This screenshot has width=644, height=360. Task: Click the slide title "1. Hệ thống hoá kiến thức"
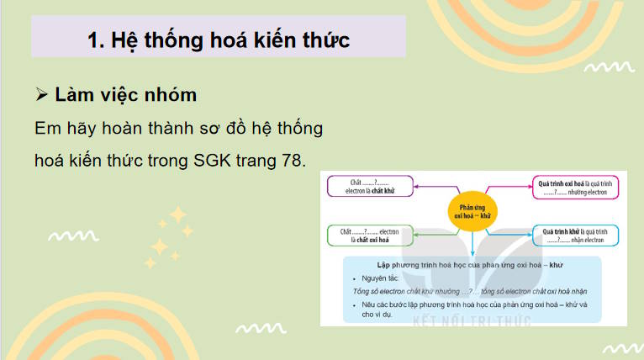(x=219, y=40)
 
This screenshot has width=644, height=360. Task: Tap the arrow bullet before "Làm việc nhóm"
(x=43, y=95)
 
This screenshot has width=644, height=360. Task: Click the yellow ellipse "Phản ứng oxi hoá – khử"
(x=473, y=209)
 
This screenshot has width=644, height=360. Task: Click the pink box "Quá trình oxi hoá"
(x=575, y=186)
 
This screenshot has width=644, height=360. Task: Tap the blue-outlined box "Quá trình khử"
(x=575, y=236)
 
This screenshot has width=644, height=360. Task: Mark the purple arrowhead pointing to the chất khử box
(x=417, y=186)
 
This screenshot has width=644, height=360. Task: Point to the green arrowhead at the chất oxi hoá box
(x=417, y=236)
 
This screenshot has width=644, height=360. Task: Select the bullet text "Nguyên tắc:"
(x=383, y=278)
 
